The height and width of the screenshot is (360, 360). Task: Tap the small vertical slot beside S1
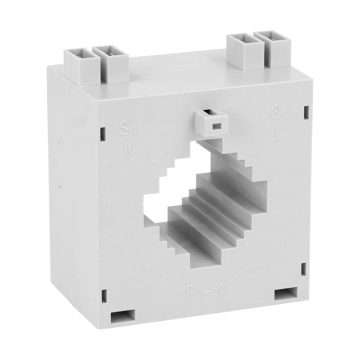[x=103, y=133]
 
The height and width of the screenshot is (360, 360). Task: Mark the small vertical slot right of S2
[x=306, y=111]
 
